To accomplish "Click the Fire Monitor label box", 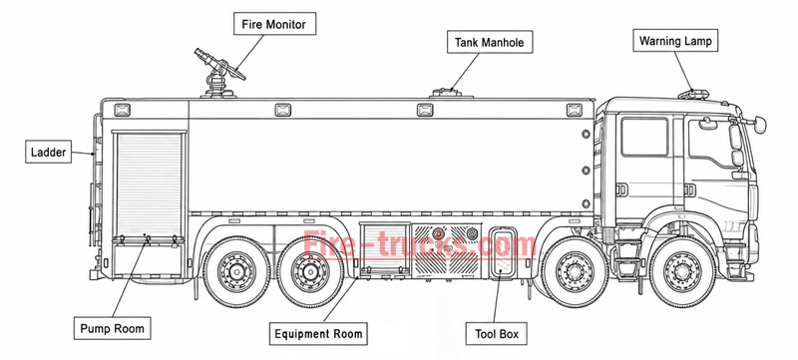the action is coord(275,24).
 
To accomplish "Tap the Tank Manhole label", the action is coord(490,42).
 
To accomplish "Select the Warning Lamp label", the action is coord(675,41).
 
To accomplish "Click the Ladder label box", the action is coord(48,152).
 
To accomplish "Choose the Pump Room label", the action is coord(113,328).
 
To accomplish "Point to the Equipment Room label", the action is coord(318,333).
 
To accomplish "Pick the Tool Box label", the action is coord(497,333).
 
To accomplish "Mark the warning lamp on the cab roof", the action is coord(692,94).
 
